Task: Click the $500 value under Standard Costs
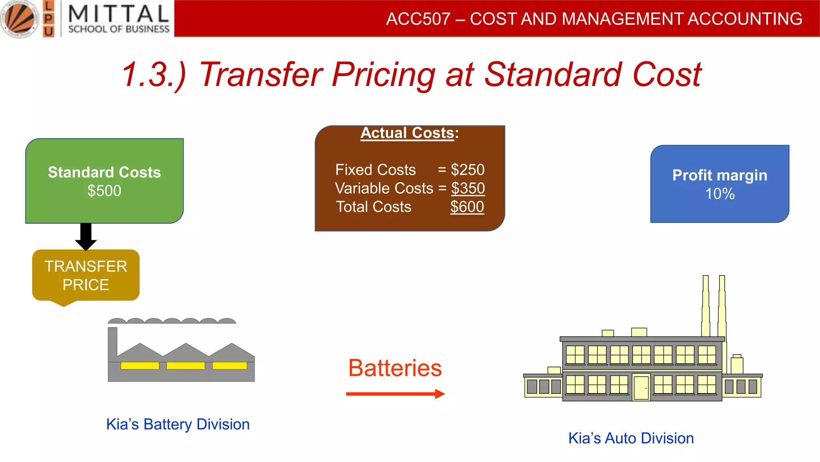tap(104, 191)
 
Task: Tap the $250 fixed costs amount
tap(467, 170)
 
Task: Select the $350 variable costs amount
tap(468, 188)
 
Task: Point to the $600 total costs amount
tap(467, 207)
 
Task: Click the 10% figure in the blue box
tap(720, 194)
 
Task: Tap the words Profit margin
tap(720, 175)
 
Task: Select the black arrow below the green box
tap(86, 237)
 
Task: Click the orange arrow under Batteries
tap(395, 394)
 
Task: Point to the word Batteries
tap(395, 368)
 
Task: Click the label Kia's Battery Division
tap(178, 424)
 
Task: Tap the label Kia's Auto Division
tap(631, 438)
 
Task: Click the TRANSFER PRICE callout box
tap(86, 276)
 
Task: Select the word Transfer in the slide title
tap(261, 75)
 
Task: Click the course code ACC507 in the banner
tap(418, 19)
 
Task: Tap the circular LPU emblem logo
tap(19, 19)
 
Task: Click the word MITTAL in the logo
tap(119, 14)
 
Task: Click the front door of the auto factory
tap(641, 387)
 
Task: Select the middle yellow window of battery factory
tap(185, 366)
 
